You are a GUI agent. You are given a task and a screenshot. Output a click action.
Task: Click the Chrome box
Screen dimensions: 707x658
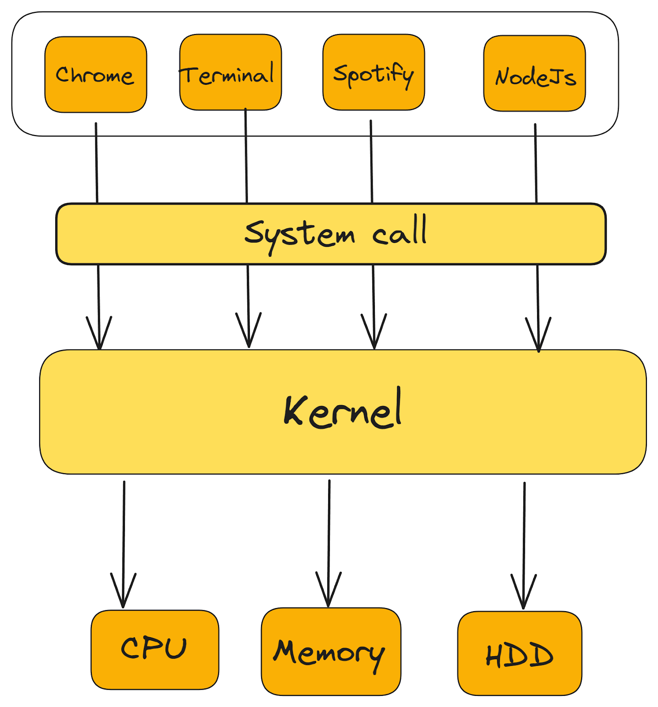(x=95, y=74)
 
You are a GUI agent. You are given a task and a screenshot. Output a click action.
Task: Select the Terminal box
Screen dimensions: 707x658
(x=230, y=72)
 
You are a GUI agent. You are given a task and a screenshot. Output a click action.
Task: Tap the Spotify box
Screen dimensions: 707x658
(x=374, y=72)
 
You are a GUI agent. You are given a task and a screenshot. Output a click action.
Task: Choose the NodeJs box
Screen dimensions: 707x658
(x=534, y=73)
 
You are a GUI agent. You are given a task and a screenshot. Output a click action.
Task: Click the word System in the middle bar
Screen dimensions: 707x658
(x=299, y=234)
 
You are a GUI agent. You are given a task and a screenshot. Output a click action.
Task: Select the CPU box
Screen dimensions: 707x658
(x=155, y=649)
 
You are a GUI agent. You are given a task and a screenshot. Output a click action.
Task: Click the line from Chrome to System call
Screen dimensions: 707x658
(x=96, y=163)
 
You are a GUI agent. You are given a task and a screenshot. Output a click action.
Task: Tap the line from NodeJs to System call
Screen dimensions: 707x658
(x=536, y=163)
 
